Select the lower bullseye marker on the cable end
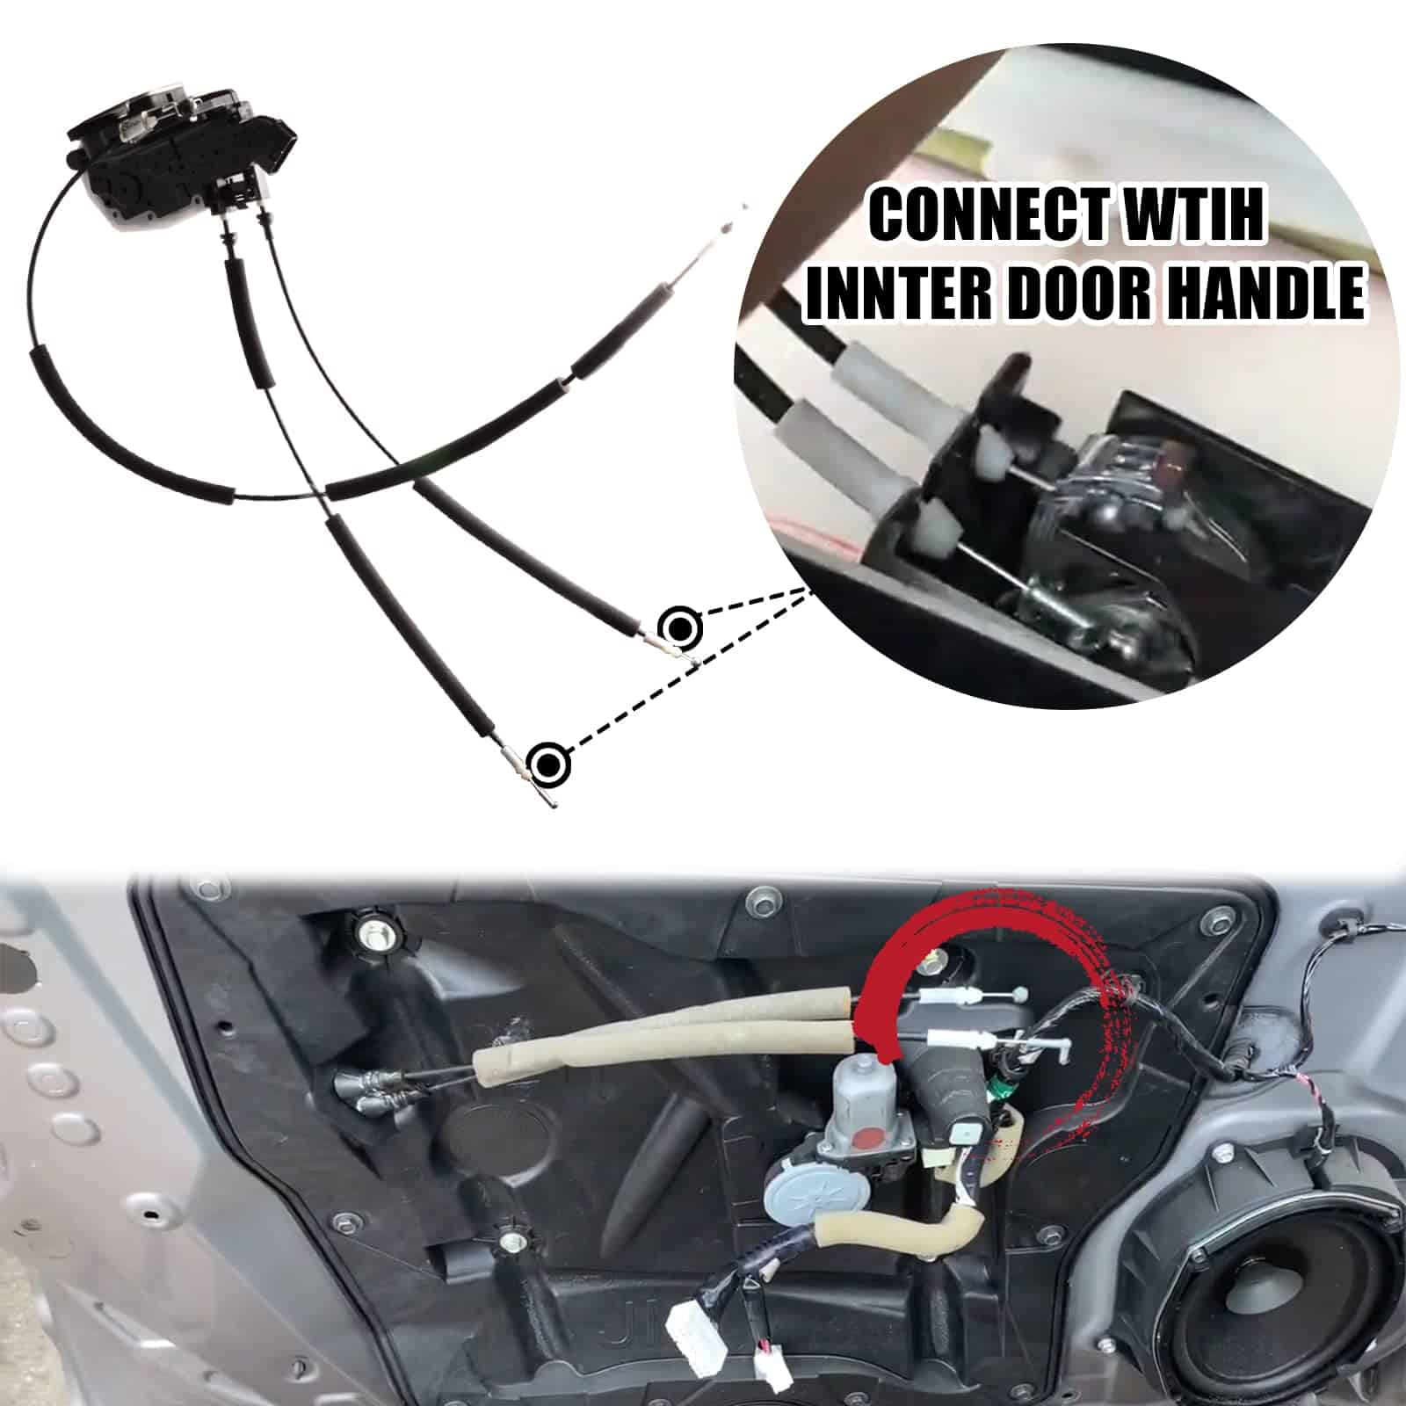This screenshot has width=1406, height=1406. [x=549, y=762]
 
